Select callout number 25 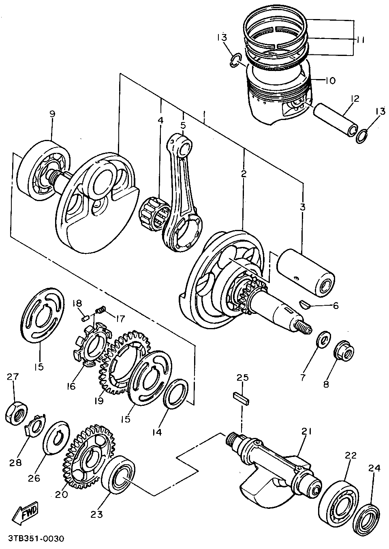[x=242, y=378]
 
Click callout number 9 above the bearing [x=52, y=114]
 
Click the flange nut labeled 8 [x=344, y=351]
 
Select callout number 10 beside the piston [x=330, y=81]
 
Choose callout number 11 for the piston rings [x=361, y=40]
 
